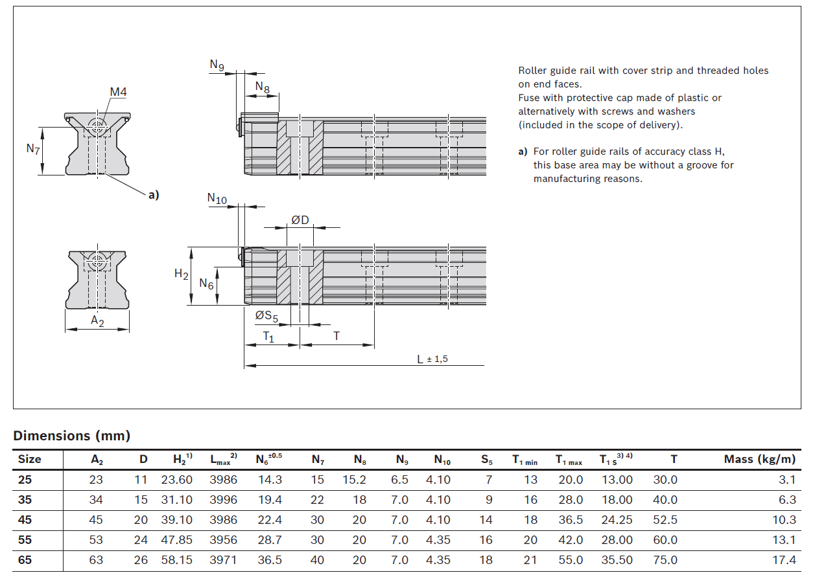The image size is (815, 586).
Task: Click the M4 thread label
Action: tap(118, 92)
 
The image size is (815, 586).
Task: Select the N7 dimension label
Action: tap(33, 149)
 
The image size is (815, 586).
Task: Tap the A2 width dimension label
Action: tap(97, 321)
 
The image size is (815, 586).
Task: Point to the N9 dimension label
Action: tap(217, 65)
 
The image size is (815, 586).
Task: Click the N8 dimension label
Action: tap(262, 87)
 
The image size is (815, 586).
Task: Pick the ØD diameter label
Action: tap(300, 220)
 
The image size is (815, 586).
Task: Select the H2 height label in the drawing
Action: tap(182, 274)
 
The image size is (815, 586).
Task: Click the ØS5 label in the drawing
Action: tap(266, 316)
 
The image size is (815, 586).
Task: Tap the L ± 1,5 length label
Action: tap(432, 359)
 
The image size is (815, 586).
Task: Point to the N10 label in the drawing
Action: tap(217, 199)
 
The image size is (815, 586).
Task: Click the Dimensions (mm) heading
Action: tap(72, 436)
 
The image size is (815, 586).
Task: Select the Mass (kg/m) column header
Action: tap(759, 460)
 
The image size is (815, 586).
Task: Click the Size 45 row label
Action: tap(25, 520)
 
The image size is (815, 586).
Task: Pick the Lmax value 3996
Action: tap(223, 500)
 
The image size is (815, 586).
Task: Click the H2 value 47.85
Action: tap(176, 540)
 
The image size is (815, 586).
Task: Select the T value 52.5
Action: tap(665, 520)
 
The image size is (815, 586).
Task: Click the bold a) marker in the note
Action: tap(523, 152)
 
